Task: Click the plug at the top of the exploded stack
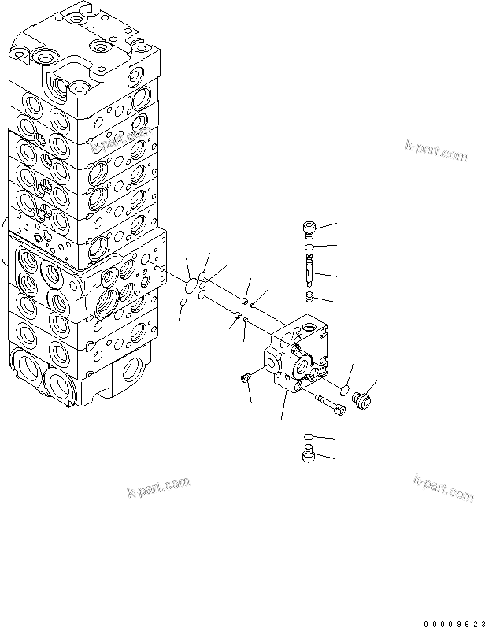(309, 229)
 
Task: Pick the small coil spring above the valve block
(309, 297)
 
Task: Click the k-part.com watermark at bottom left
(158, 488)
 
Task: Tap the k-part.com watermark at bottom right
(443, 488)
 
